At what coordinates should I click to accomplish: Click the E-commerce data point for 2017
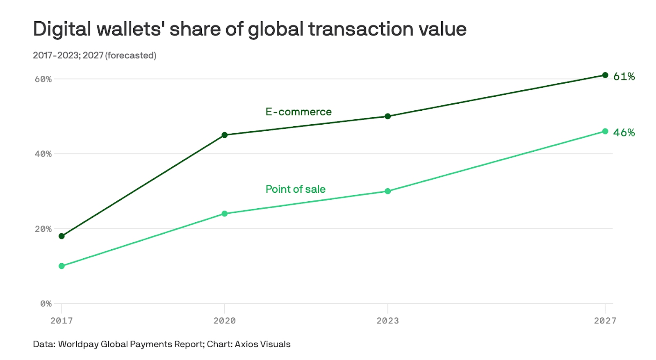pos(61,236)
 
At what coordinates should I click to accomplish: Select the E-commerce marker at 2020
pos(225,135)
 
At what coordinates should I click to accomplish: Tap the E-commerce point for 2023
pos(388,116)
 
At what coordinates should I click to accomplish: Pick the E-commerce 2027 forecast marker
pos(605,75)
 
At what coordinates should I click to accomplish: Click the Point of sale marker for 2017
pos(61,266)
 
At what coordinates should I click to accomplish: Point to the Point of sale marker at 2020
pos(225,214)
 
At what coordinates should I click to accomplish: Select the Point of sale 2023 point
pos(388,191)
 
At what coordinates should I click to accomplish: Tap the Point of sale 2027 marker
pos(605,131)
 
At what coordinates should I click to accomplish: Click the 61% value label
pos(624,77)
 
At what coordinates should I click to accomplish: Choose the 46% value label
pos(624,133)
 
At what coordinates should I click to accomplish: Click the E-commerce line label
pos(298,112)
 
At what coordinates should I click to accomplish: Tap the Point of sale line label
pos(295,189)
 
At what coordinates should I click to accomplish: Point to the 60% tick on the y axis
pos(43,79)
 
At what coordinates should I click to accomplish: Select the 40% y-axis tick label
pos(43,154)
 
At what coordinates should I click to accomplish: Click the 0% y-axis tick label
pos(46,304)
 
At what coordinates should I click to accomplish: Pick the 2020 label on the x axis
pos(225,321)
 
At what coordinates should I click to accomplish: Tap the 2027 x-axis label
pos(605,321)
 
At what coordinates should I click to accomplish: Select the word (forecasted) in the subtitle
pos(131,55)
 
